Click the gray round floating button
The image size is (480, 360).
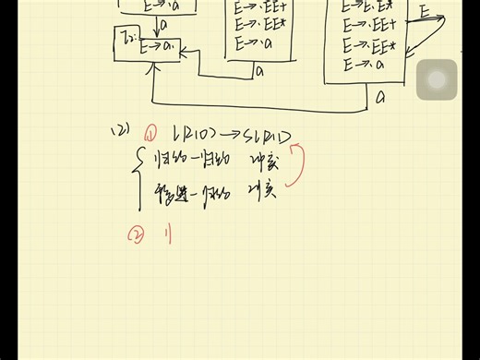pos(437,79)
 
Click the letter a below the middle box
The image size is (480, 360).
pos(259,69)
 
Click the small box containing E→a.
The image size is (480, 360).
pos(147,45)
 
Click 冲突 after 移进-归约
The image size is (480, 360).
pos(264,195)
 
